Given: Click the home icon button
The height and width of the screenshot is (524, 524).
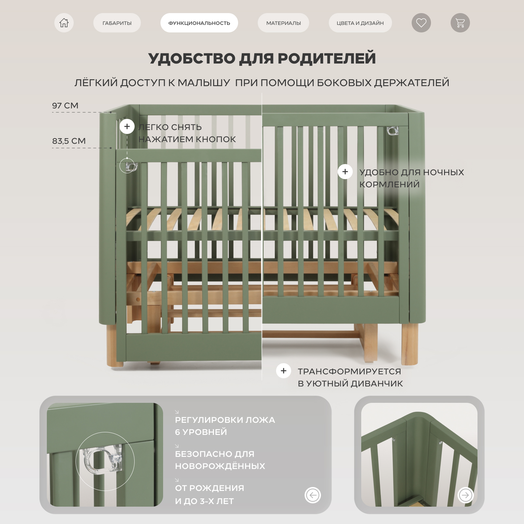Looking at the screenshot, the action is coord(64,23).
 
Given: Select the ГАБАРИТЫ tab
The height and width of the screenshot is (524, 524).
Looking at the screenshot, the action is coord(117,23).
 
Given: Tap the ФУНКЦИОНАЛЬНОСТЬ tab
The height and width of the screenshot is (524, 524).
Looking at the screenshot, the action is coord(199,23).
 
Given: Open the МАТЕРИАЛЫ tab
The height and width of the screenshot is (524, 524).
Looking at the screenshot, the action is coord(283,23).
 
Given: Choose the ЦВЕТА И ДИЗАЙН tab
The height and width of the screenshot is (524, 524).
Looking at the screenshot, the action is coord(360,23).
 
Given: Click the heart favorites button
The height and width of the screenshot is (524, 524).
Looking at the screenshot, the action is coord(421,23).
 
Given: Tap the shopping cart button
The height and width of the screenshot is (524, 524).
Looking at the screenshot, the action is coord(460,23).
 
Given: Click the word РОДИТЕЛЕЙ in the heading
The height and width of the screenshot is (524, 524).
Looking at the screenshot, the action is coord(327,58).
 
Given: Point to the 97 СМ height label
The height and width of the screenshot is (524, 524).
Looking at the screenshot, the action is coord(65,105).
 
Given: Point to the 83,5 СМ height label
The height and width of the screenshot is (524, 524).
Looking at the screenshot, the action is coord(69,141).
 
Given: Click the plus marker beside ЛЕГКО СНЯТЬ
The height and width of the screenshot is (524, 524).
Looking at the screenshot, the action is coord(127,126).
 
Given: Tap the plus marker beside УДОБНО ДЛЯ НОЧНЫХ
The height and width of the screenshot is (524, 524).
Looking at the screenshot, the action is coord(345,172).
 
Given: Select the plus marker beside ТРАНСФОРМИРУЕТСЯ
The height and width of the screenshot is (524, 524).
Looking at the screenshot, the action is coord(284,371).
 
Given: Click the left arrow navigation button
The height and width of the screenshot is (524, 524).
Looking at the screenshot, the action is coord(313,495).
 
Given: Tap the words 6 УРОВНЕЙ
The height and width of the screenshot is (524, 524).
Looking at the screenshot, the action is coord(201,432).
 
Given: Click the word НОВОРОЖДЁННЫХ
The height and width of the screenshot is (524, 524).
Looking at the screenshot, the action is coord(220,466).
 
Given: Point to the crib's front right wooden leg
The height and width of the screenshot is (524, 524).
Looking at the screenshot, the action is coord(410,344).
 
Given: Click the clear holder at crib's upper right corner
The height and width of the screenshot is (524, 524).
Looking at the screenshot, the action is coord(393,131).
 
